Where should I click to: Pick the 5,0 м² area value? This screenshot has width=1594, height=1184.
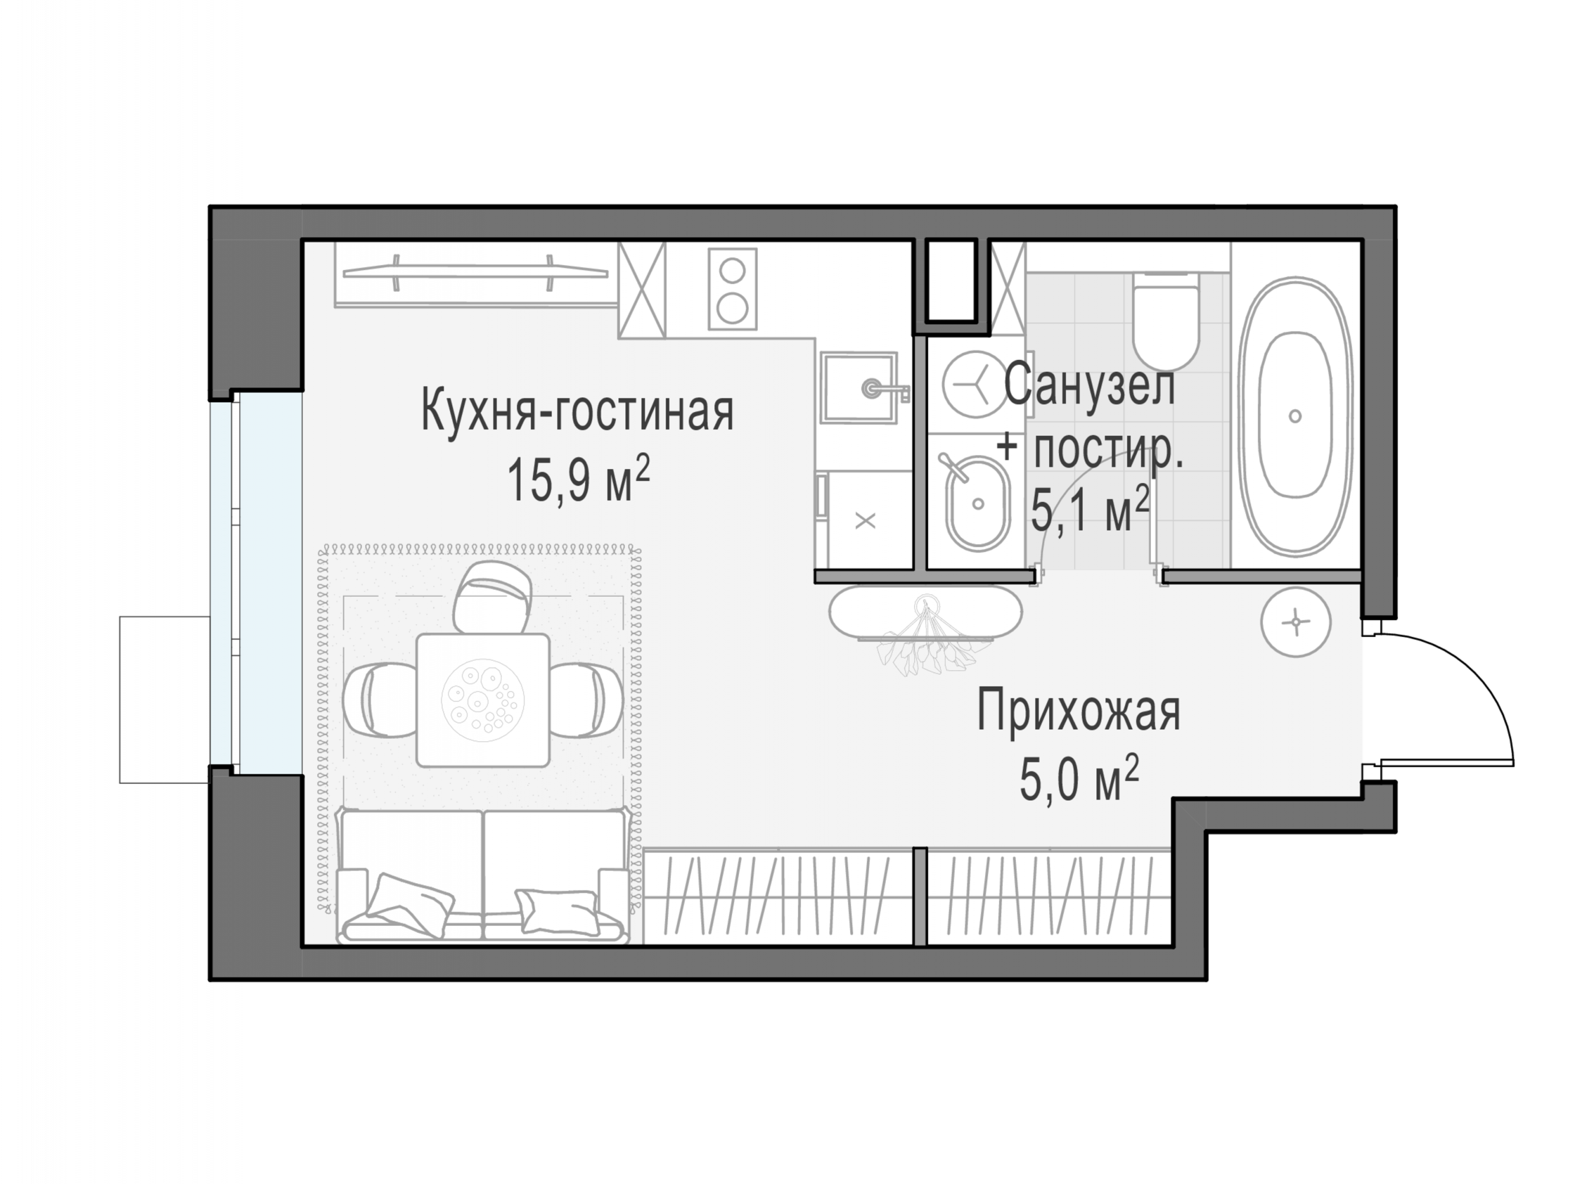pyautogui.click(x=1079, y=780)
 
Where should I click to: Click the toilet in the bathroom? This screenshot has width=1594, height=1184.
pyautogui.click(x=1166, y=320)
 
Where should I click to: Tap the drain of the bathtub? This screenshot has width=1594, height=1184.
pyautogui.click(x=1295, y=416)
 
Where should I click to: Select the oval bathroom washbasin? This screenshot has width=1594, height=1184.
pyautogui.click(x=977, y=503)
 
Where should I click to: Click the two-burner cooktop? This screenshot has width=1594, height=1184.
pyautogui.click(x=732, y=289)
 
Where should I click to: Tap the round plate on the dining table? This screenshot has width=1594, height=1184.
pyautogui.click(x=483, y=700)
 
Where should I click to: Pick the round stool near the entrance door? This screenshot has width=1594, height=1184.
pyautogui.click(x=1295, y=622)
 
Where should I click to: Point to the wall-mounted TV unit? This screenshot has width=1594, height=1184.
pyautogui.click(x=475, y=273)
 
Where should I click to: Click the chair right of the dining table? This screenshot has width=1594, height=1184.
pyautogui.click(x=586, y=700)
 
